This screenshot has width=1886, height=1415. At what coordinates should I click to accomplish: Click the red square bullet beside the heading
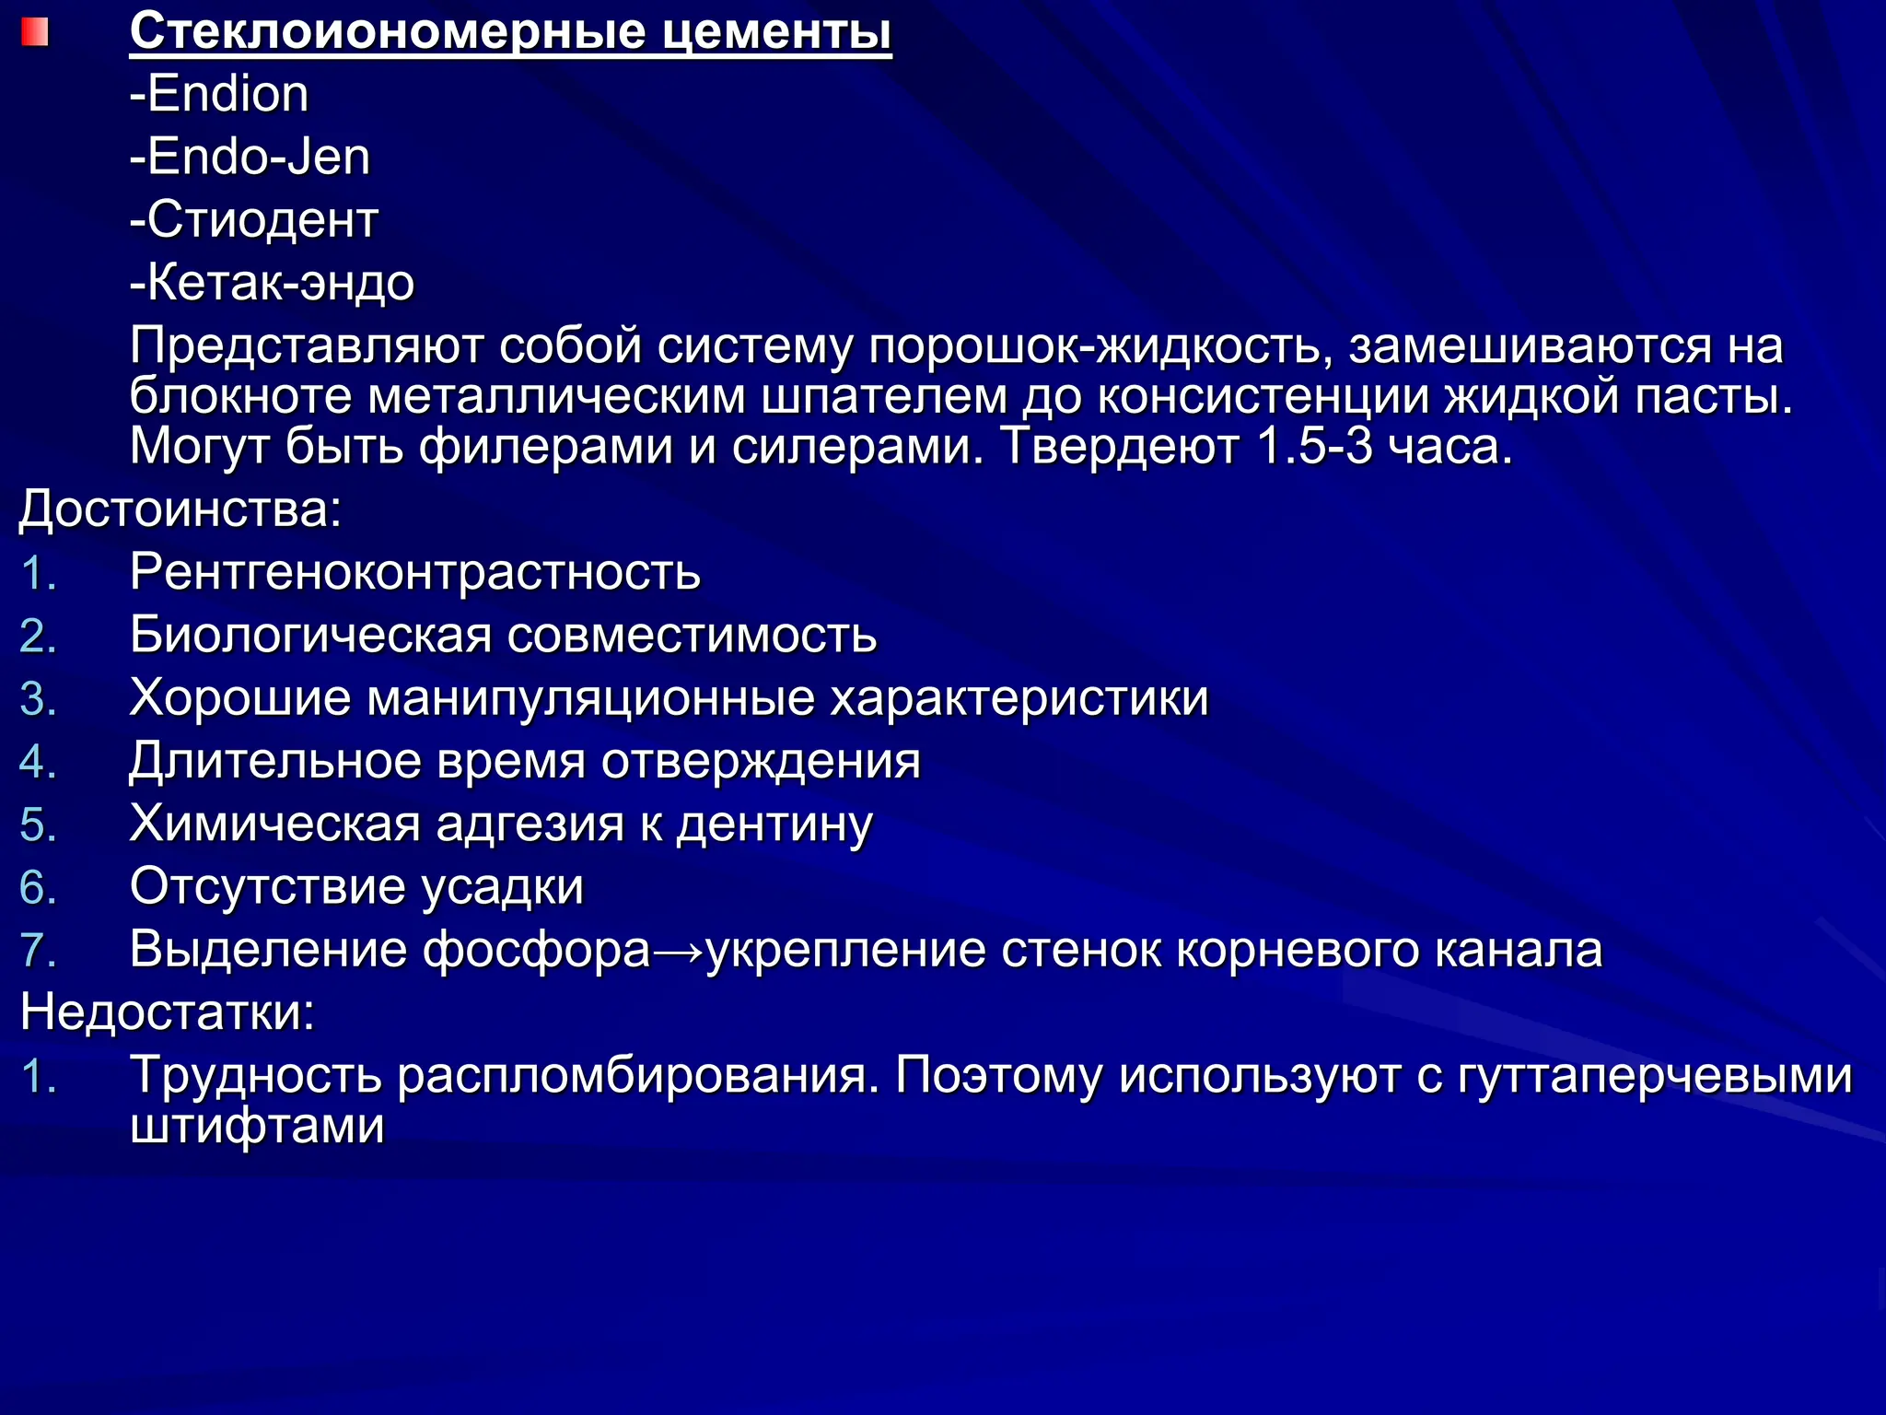(34, 33)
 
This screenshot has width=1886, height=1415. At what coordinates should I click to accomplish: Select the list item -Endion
(219, 94)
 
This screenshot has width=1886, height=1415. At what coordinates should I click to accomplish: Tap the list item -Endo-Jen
(250, 157)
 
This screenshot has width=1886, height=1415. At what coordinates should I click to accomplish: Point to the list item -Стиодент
(254, 219)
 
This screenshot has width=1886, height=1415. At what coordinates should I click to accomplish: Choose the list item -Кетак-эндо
(272, 282)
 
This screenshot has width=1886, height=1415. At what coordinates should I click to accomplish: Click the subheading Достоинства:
(180, 509)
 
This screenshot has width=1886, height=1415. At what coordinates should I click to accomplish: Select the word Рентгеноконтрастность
(415, 572)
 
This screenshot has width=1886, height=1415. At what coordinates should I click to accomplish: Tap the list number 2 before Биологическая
(38, 636)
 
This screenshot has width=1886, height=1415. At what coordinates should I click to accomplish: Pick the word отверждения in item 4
(761, 761)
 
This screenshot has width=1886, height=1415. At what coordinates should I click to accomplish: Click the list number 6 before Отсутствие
(38, 887)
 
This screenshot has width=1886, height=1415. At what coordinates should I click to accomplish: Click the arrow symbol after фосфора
(679, 951)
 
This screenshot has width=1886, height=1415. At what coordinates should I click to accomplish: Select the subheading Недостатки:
(168, 1012)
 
